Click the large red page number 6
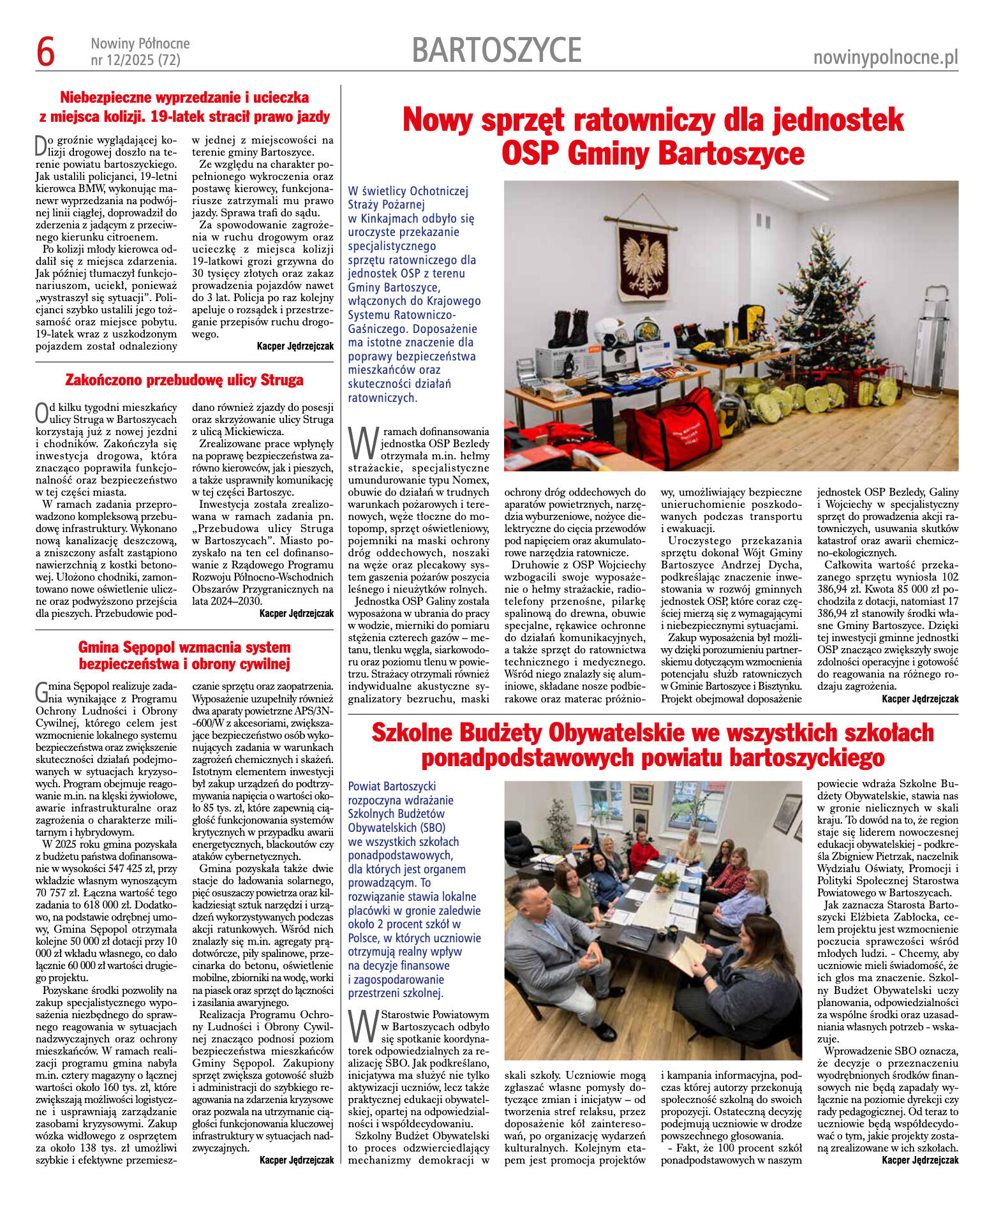(x=45, y=52)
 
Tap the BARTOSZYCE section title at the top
(x=496, y=50)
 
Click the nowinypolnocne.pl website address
(x=886, y=58)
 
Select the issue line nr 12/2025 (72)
(x=135, y=61)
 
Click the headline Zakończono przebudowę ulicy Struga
(x=184, y=380)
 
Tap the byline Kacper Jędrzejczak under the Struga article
(x=296, y=614)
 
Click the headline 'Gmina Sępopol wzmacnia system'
(x=184, y=647)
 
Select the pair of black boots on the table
(x=568, y=326)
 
